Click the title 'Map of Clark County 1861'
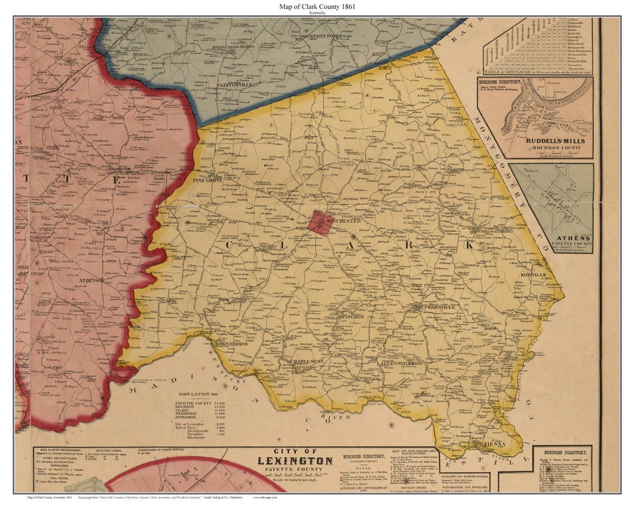[316, 6]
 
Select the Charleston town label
[305, 361]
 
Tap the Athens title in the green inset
[572, 238]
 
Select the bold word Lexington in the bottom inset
[295, 461]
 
